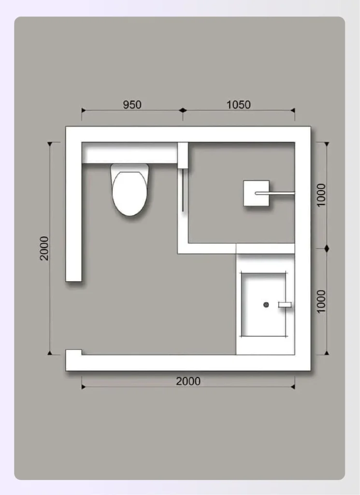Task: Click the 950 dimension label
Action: (x=132, y=104)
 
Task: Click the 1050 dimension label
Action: (x=239, y=104)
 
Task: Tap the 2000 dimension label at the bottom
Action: (x=188, y=381)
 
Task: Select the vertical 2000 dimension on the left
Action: (x=44, y=248)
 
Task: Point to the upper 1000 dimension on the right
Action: (x=321, y=195)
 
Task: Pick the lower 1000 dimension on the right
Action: (x=321, y=301)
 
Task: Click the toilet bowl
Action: (x=130, y=193)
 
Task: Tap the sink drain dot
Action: (x=266, y=305)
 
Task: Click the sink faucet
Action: (x=285, y=305)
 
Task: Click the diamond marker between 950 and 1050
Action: (x=183, y=110)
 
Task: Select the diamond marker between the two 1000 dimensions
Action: (x=327, y=248)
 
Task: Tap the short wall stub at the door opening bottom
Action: (x=73, y=352)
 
